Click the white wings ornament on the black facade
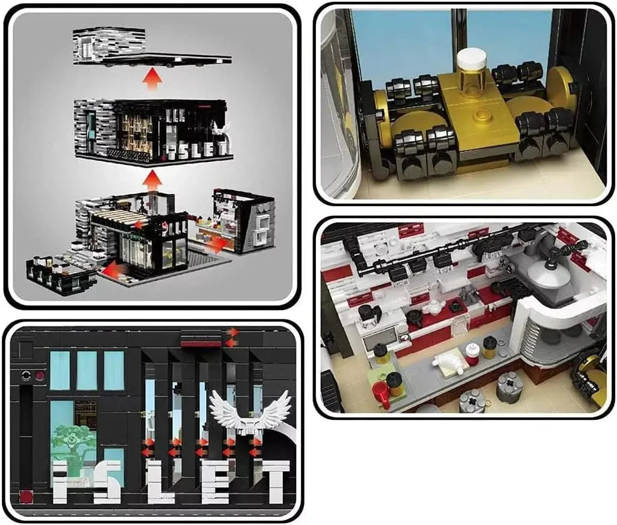click(x=250, y=413)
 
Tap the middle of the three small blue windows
click(x=87, y=371)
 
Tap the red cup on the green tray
click(x=381, y=393)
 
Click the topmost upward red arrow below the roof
click(x=153, y=79)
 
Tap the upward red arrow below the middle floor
click(x=154, y=180)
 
